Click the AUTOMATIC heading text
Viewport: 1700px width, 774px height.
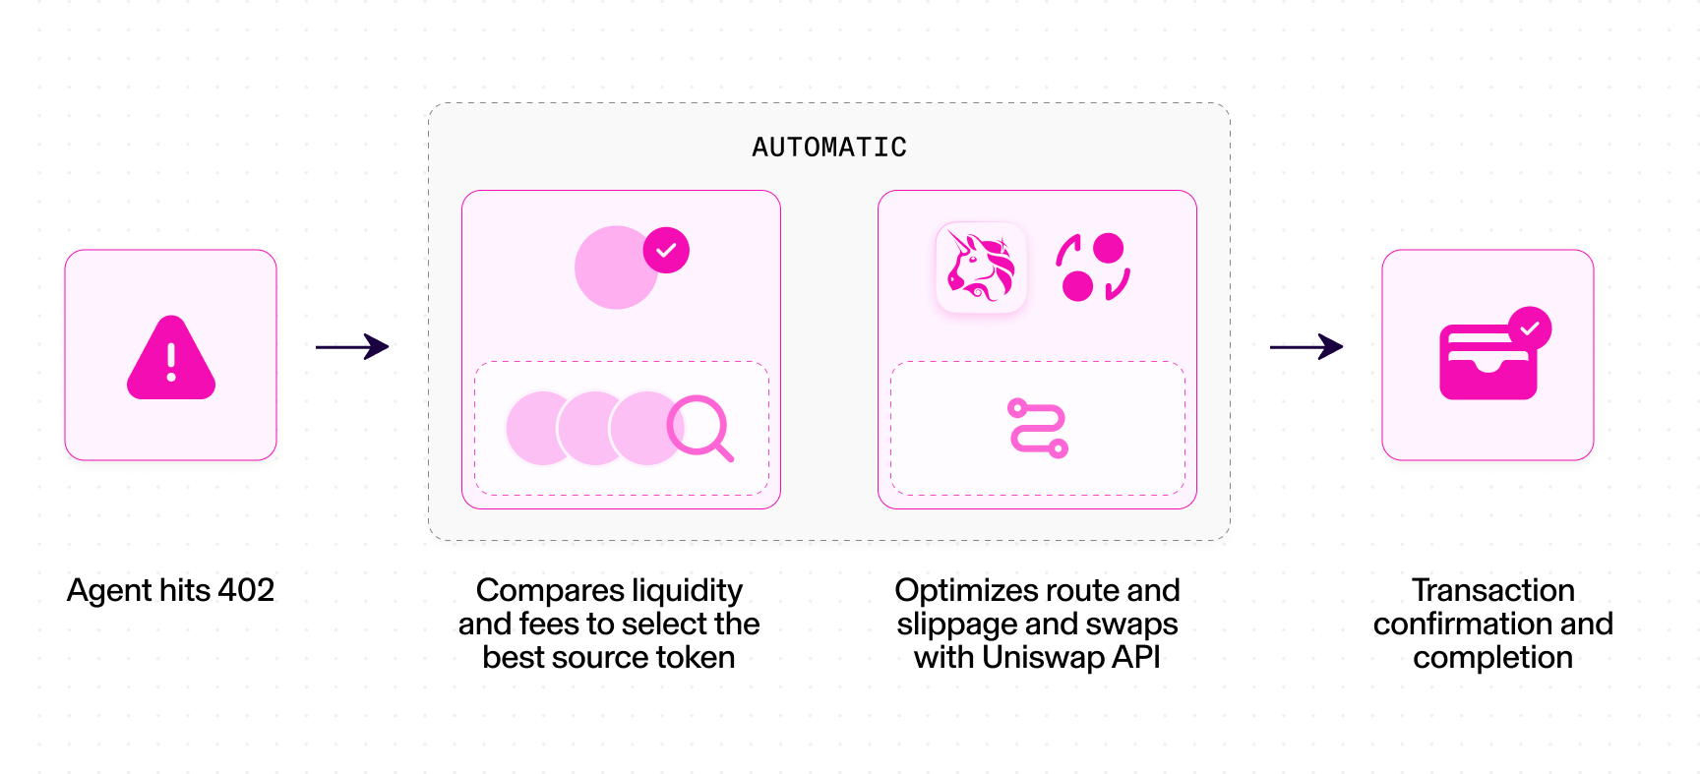click(x=829, y=148)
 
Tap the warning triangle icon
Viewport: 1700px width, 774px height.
click(x=171, y=357)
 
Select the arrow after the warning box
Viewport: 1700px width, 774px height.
click(x=352, y=346)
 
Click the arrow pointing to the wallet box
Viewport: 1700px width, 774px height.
click(x=1306, y=346)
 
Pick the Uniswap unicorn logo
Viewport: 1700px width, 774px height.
click(x=981, y=268)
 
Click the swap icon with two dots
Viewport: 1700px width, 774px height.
click(x=1093, y=267)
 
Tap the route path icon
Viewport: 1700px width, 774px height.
click(x=1038, y=428)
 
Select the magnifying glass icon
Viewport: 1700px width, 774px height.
click(x=699, y=428)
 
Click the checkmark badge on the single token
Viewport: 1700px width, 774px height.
click(x=666, y=250)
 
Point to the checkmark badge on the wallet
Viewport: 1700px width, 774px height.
click(x=1529, y=328)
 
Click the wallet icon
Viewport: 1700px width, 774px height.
click(x=1488, y=361)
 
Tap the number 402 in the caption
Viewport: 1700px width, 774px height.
click(x=246, y=590)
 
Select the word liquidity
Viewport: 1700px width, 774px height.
click(x=687, y=591)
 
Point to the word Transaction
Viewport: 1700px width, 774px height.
click(x=1493, y=590)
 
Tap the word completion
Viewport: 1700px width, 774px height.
click(x=1493, y=658)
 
